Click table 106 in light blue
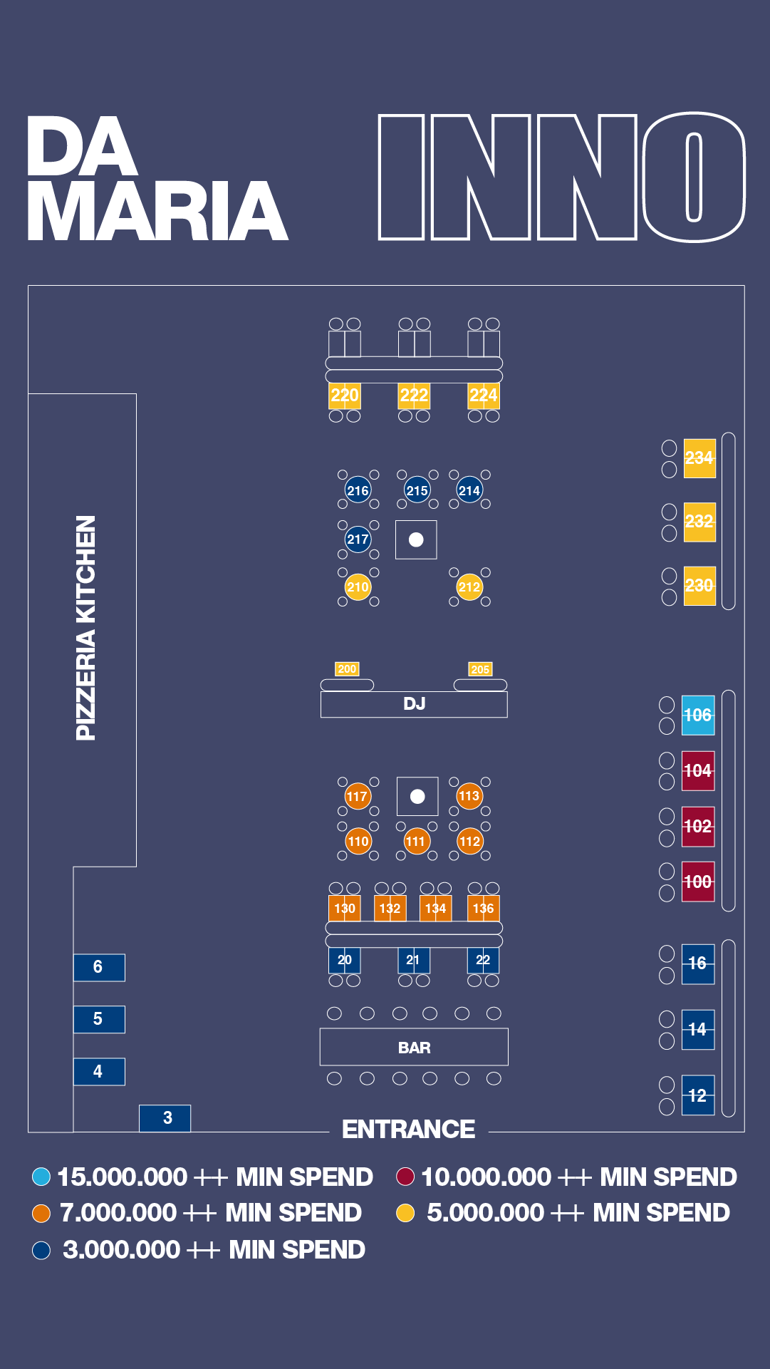[x=698, y=715]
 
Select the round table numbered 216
[x=358, y=490]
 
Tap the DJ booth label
[x=414, y=704]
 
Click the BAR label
[x=414, y=1048]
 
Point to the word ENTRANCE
[x=408, y=1130]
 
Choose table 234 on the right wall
[x=699, y=458]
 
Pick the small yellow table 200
[x=347, y=668]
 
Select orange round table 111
[x=415, y=842]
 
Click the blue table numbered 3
[x=165, y=1117]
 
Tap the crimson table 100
[x=698, y=882]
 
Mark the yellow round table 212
[x=469, y=587]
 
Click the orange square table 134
[x=435, y=909]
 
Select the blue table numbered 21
[x=413, y=960]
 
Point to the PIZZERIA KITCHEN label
[x=85, y=628]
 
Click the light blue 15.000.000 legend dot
[x=41, y=1177]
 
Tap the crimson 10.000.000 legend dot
[x=405, y=1177]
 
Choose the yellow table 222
[x=414, y=396]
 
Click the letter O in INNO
[x=694, y=177]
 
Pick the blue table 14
[x=698, y=1029]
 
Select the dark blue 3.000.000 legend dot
[x=41, y=1250]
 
